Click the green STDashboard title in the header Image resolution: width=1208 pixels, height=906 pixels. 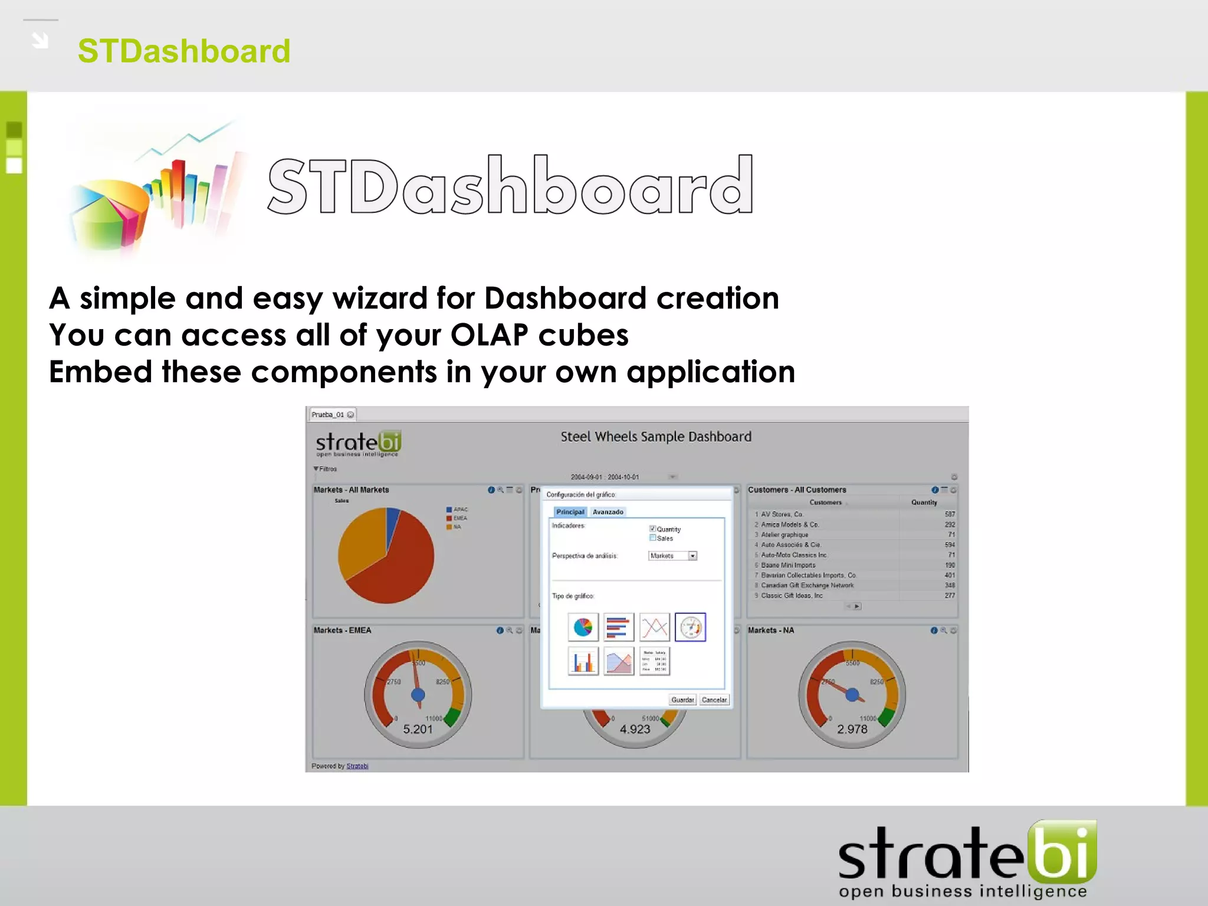183,51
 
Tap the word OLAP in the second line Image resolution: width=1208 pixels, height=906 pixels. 489,335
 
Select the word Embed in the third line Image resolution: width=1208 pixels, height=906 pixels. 100,372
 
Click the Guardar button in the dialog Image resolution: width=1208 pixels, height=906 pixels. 682,700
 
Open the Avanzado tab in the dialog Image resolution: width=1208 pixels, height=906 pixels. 608,512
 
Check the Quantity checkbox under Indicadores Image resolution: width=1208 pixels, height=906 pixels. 652,528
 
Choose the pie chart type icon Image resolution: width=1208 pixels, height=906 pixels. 583,627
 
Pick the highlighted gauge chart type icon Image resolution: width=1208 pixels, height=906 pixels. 690,627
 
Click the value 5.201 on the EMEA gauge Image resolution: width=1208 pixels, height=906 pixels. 418,729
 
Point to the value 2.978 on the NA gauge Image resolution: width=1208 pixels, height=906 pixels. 852,729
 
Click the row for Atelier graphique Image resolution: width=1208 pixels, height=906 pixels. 784,534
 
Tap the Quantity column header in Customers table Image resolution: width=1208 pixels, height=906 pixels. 924,503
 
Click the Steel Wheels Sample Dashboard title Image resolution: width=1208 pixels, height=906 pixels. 656,436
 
